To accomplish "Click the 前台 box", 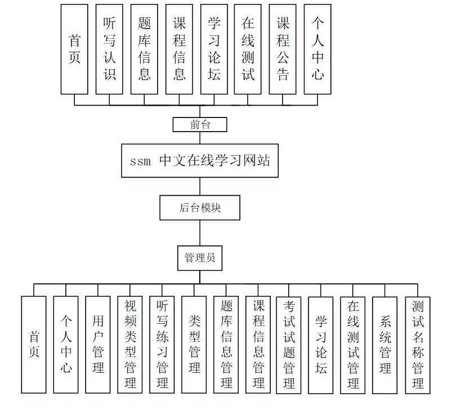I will (200, 124).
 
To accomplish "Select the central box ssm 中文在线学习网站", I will (200, 161).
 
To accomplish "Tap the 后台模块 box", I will (200, 207).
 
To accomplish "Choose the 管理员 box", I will (200, 258).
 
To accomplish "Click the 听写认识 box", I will (109, 49).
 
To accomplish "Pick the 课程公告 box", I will (283, 49).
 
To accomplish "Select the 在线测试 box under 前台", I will (248, 49).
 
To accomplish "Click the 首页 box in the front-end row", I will (74, 49).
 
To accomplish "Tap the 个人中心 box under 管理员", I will (66, 345).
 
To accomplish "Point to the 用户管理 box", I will (98, 345).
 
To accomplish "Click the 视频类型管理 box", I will (130, 345).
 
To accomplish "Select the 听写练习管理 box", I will (162, 345).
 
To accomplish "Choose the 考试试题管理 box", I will (289, 345).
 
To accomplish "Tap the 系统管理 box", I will (385, 345).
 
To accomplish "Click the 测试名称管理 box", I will (418, 345).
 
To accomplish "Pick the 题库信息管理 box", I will (226, 345).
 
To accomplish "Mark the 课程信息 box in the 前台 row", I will (179, 49).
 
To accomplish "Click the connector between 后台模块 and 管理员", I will (200, 233).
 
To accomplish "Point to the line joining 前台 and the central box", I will (200, 138).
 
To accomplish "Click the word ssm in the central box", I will (140, 162).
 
